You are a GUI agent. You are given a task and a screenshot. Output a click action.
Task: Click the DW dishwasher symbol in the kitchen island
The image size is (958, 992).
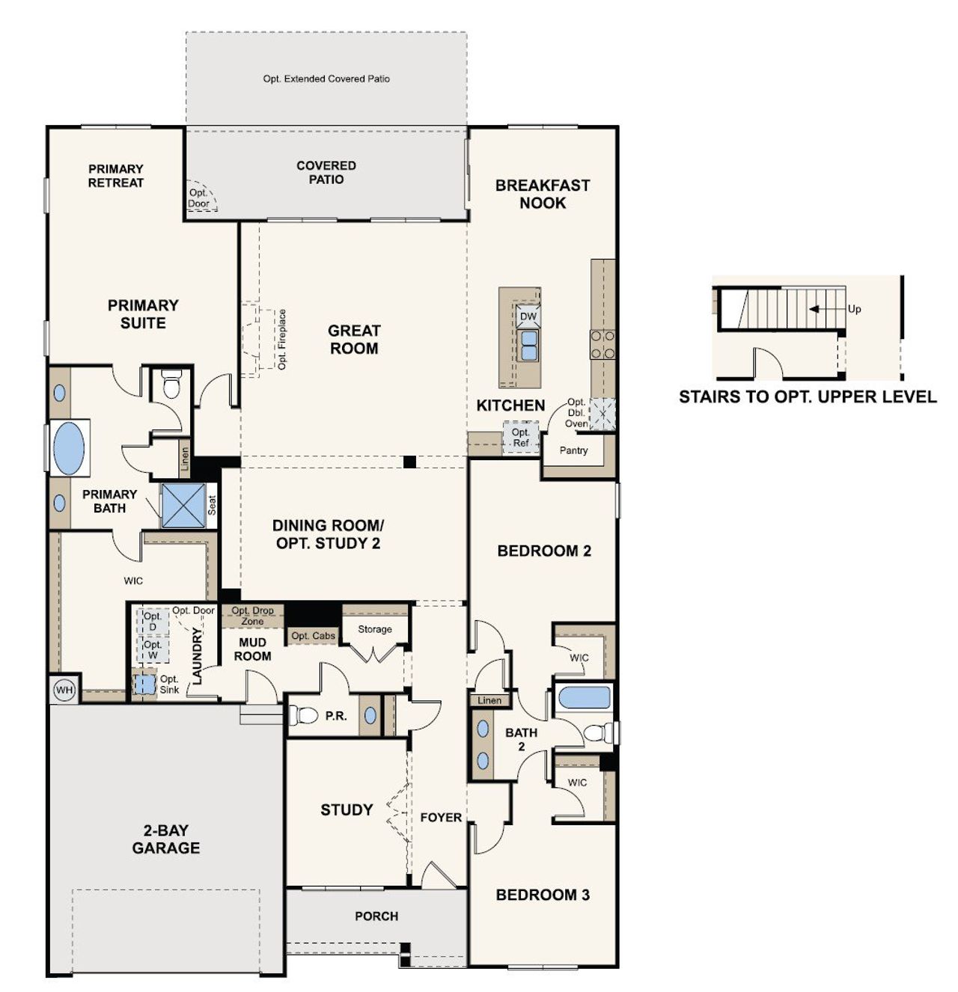click(x=528, y=316)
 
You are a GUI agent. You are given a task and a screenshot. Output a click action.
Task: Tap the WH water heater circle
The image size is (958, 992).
click(x=64, y=690)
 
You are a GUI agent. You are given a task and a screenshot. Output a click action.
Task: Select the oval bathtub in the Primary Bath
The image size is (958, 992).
click(x=69, y=448)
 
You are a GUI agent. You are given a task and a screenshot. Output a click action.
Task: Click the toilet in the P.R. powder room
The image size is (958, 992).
click(x=304, y=715)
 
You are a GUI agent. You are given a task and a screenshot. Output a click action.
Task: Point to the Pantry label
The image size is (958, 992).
click(x=573, y=450)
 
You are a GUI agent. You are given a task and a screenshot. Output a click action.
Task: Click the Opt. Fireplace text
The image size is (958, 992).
click(x=282, y=339)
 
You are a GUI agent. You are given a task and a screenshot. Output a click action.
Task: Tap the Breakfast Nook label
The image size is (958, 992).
click(x=543, y=194)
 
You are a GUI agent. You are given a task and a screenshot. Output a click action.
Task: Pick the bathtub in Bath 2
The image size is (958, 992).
click(x=585, y=698)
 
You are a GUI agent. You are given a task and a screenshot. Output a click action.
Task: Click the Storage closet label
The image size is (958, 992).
click(x=374, y=629)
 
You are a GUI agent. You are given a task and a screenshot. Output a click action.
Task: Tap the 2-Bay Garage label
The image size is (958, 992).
click(x=166, y=839)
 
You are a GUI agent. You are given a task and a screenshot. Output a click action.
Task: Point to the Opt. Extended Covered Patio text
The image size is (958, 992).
click(x=326, y=79)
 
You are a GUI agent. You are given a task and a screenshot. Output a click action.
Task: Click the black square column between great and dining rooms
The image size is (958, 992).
click(x=409, y=462)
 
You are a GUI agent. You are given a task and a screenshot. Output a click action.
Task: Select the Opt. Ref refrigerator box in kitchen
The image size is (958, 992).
click(x=520, y=437)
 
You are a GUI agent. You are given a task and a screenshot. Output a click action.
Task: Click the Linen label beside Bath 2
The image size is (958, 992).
click(x=489, y=700)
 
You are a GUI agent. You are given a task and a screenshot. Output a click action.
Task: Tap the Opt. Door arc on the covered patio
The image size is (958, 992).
click(x=200, y=198)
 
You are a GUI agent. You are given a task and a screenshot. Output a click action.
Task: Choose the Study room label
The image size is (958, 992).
click(x=347, y=809)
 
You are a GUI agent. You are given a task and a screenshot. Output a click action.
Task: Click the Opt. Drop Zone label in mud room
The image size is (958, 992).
click(x=252, y=616)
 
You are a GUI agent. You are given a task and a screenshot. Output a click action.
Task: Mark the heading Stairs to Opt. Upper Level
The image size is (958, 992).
click(x=807, y=397)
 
